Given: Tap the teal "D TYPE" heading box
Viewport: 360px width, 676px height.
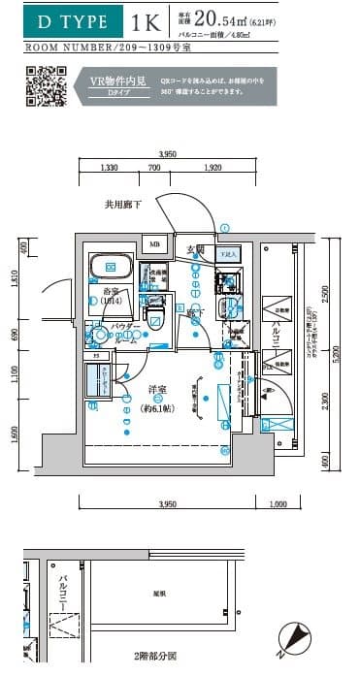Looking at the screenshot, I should click(67, 20).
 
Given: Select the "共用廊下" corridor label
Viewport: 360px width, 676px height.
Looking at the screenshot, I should click(123, 205).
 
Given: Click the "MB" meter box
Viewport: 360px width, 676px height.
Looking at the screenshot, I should click(153, 243).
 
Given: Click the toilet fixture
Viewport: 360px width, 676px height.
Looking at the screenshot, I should click(153, 310).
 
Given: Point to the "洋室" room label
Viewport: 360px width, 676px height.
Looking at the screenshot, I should click(158, 390).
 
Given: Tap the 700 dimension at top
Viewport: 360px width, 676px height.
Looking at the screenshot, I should click(154, 168).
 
